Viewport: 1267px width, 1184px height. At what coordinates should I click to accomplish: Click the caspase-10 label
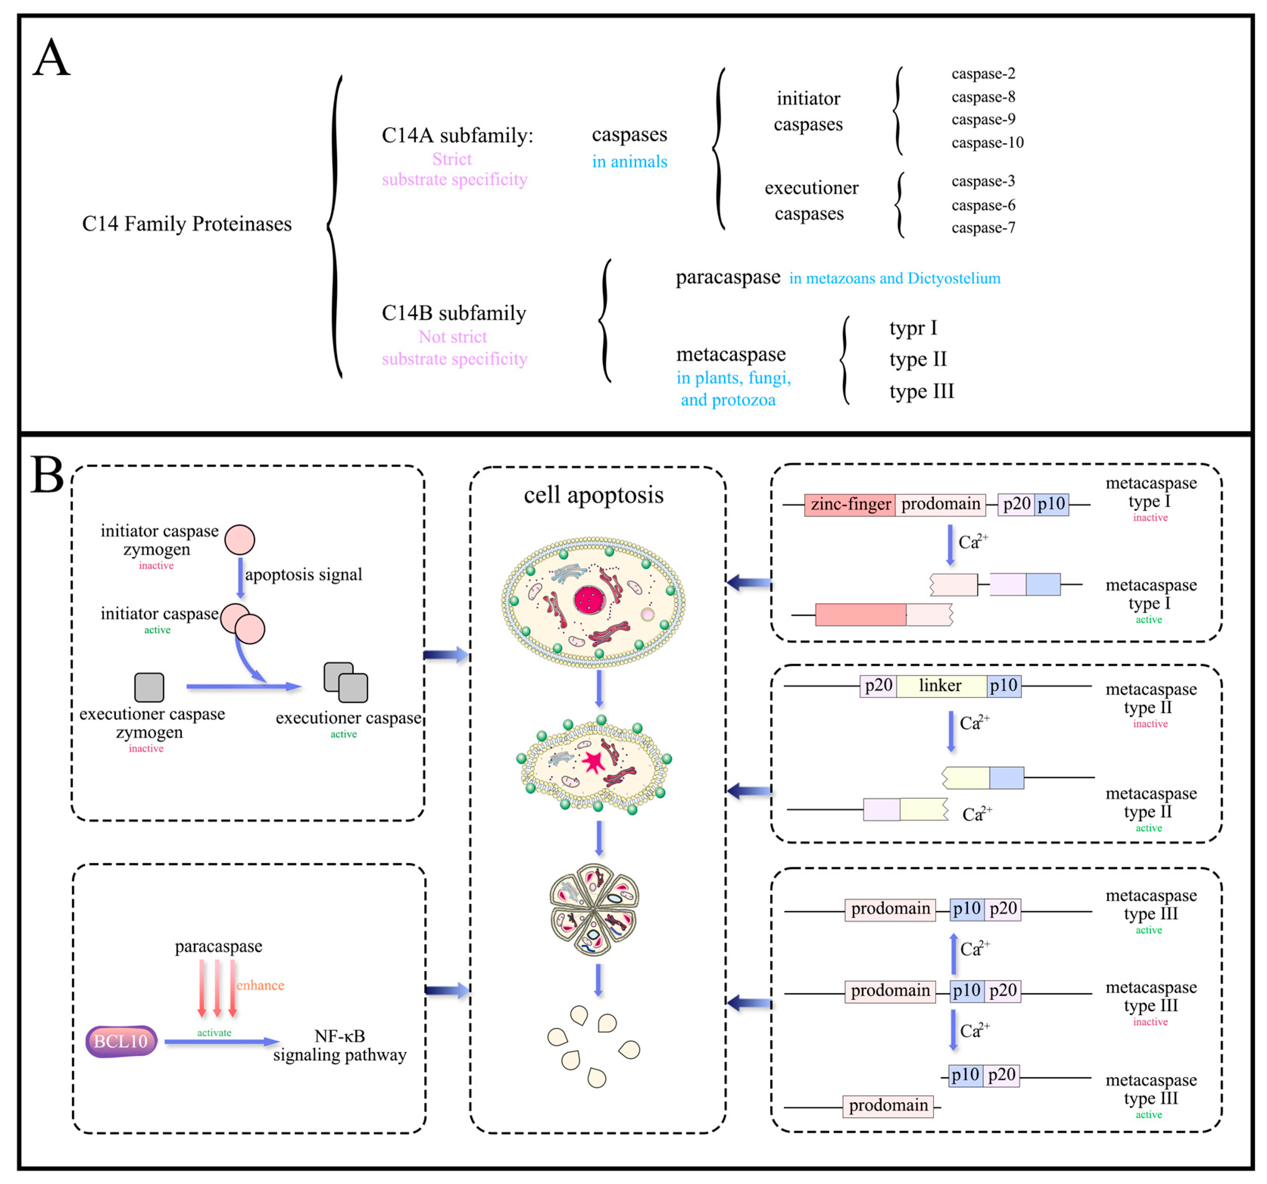pyautogui.click(x=987, y=143)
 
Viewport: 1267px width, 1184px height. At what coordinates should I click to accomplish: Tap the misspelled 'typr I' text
pyautogui.click(x=913, y=328)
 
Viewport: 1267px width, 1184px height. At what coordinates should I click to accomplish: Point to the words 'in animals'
pyautogui.click(x=629, y=162)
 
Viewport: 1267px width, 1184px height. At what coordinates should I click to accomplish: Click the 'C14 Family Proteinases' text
pyautogui.click(x=187, y=224)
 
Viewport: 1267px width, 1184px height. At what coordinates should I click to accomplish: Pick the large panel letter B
pyautogui.click(x=47, y=475)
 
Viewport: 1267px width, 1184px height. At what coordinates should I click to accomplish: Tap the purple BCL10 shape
pyautogui.click(x=121, y=1041)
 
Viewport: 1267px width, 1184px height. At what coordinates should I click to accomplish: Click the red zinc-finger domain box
pyautogui.click(x=850, y=505)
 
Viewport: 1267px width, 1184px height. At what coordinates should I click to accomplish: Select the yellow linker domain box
pyautogui.click(x=941, y=686)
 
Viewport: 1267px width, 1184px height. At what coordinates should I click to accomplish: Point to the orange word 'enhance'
pyautogui.click(x=260, y=985)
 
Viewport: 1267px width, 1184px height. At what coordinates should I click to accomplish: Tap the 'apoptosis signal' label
pyautogui.click(x=303, y=575)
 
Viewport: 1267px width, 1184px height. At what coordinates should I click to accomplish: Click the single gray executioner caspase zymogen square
pyautogui.click(x=149, y=687)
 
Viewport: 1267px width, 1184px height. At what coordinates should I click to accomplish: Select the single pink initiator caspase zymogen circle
pyautogui.click(x=240, y=540)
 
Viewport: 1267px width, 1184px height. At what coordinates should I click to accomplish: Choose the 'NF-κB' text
pyautogui.click(x=340, y=1036)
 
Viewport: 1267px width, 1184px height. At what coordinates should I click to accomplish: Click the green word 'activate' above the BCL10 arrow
pyautogui.click(x=214, y=1032)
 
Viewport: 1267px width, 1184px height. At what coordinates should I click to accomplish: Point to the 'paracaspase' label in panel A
pyautogui.click(x=728, y=278)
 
